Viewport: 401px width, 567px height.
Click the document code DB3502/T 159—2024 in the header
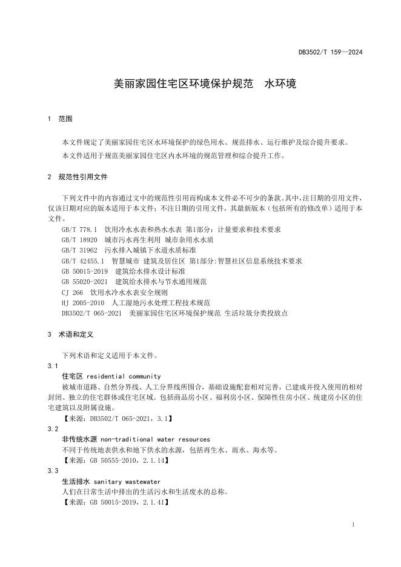330,53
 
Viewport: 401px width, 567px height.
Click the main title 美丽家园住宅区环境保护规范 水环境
205,84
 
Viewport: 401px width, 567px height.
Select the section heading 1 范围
60,119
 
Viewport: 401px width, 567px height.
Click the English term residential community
127,376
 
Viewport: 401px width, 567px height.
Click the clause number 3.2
52,429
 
